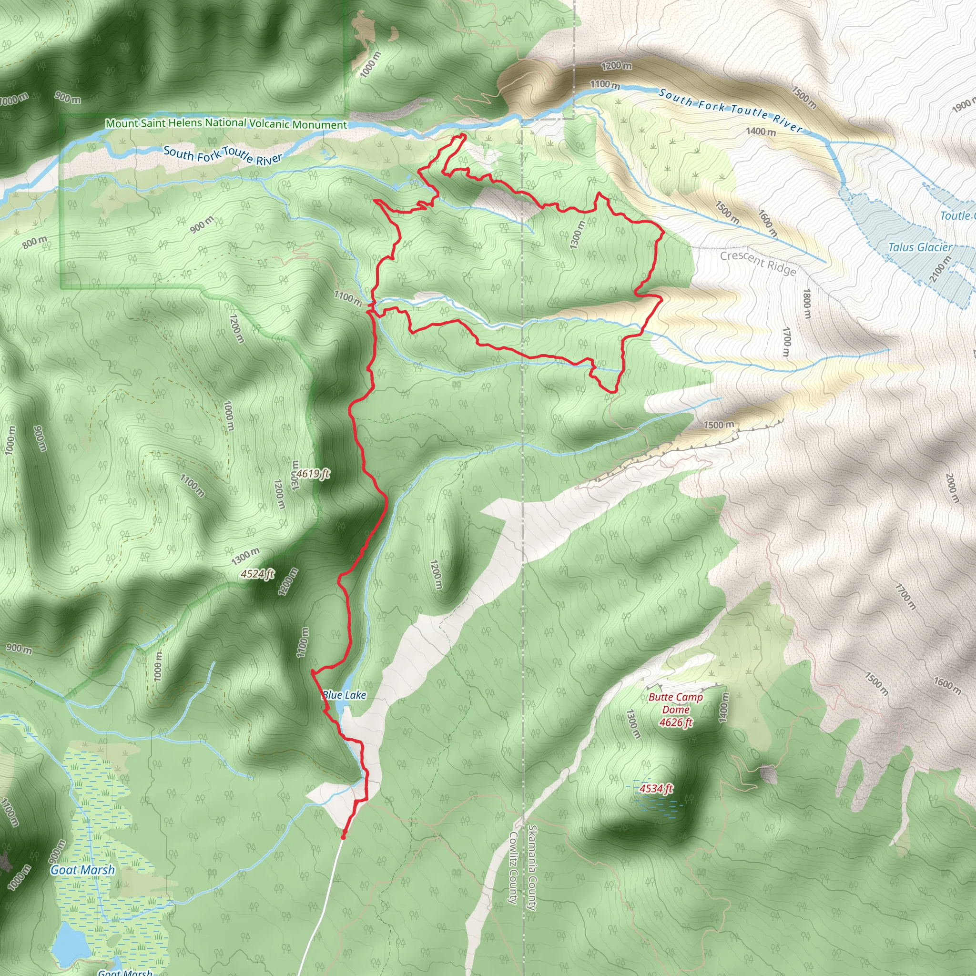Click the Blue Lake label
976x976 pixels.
click(x=344, y=695)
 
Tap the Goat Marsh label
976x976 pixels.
click(x=82, y=870)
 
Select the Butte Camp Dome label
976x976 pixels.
click(x=675, y=703)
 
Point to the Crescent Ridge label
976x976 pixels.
click(x=758, y=263)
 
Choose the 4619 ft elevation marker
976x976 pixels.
click(x=312, y=473)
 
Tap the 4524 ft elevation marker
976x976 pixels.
click(x=257, y=573)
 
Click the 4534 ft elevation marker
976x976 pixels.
click(x=656, y=788)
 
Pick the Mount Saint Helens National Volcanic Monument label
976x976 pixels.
click(x=226, y=123)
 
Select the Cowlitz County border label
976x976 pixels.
click(x=513, y=868)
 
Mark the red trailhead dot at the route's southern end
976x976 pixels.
click(x=344, y=837)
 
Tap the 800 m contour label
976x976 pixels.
click(x=35, y=243)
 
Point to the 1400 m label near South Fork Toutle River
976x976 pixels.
click(x=761, y=132)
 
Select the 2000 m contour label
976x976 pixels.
click(x=952, y=488)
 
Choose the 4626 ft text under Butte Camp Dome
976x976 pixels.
click(x=675, y=722)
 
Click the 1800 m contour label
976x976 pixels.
click(x=807, y=304)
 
